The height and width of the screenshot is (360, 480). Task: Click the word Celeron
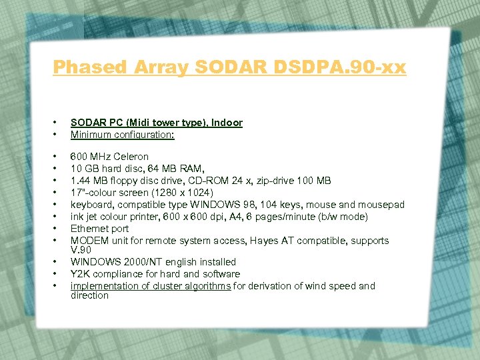tap(131, 157)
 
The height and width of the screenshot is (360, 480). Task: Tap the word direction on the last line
tap(89, 295)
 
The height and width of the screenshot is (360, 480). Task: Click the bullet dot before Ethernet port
tap(53, 229)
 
